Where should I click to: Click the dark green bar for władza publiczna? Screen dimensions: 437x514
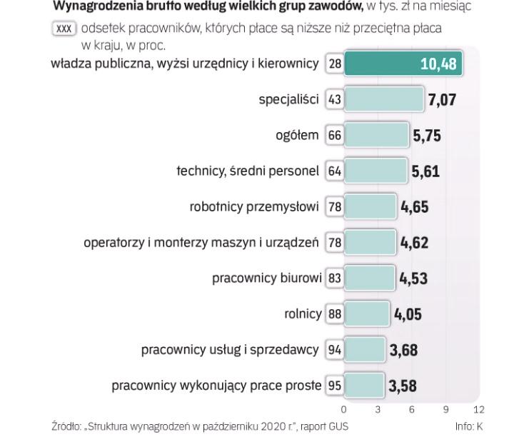click(403, 64)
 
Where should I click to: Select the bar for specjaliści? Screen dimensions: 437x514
click(384, 99)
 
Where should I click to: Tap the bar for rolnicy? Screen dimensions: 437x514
click(367, 313)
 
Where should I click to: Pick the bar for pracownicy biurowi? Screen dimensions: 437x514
click(370, 278)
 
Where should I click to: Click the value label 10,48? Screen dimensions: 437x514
click(438, 64)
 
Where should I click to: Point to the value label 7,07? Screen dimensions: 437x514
click(442, 100)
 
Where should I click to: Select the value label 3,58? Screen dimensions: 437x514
click(403, 386)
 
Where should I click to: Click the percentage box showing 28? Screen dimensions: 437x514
click(335, 64)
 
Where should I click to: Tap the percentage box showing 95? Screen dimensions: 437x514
click(334, 386)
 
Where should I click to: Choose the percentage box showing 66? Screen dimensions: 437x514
click(335, 135)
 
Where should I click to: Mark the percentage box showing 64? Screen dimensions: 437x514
click(335, 171)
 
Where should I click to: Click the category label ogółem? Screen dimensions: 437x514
click(297, 135)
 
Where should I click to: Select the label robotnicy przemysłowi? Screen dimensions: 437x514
click(253, 207)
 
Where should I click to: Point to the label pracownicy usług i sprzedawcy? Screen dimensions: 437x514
click(229, 350)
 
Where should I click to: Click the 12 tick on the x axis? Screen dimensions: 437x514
click(478, 409)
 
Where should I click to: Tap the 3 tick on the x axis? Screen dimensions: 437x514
click(378, 409)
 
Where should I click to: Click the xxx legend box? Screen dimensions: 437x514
click(64, 29)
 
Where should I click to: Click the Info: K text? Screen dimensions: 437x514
click(468, 426)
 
